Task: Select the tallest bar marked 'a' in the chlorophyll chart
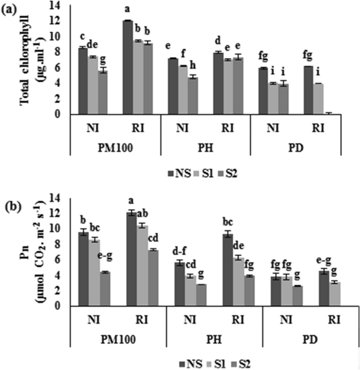(x=128, y=67)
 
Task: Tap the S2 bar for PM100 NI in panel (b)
(x=105, y=289)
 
